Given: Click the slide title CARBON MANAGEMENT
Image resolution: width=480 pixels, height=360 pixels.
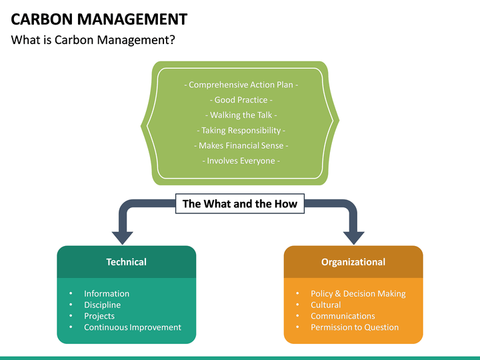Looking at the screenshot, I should coord(99,19).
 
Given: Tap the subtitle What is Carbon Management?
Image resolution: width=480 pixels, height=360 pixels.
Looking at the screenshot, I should coord(93,40).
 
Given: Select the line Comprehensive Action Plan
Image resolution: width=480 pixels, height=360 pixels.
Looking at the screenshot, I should coord(240,85).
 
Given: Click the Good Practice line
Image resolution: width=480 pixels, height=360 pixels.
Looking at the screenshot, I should coord(240,100).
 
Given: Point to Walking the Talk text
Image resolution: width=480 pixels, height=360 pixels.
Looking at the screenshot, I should coord(240,115).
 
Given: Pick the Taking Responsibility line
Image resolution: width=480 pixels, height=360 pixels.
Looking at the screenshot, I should coord(240,130).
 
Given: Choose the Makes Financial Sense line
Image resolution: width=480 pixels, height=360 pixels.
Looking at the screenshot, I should coord(240,145).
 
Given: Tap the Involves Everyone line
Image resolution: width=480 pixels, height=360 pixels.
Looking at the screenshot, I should coord(240,161).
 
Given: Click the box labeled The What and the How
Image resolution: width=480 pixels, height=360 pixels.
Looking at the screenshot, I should coord(240,204).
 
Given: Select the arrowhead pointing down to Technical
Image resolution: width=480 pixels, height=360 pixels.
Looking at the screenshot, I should coord(123,237).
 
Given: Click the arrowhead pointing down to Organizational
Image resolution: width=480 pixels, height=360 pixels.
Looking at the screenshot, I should coord(353,237).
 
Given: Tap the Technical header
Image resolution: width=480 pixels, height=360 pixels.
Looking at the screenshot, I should coord(126,262).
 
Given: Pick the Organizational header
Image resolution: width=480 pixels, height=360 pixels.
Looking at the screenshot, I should coord(353,262).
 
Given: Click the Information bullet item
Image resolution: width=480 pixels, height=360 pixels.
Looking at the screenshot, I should coord(107,293).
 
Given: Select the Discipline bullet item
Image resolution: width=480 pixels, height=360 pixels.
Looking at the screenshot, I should coord(102,305).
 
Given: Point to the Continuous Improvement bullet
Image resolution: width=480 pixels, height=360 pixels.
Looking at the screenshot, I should coord(132,327).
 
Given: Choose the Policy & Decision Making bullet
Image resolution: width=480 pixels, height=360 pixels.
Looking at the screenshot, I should coord(358,293).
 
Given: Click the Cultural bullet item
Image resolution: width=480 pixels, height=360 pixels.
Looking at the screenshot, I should coord(325,305).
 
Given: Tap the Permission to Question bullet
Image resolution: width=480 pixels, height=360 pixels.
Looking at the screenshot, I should coord(355,327).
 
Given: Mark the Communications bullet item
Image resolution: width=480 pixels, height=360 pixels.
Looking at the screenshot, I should coord(343,316).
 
